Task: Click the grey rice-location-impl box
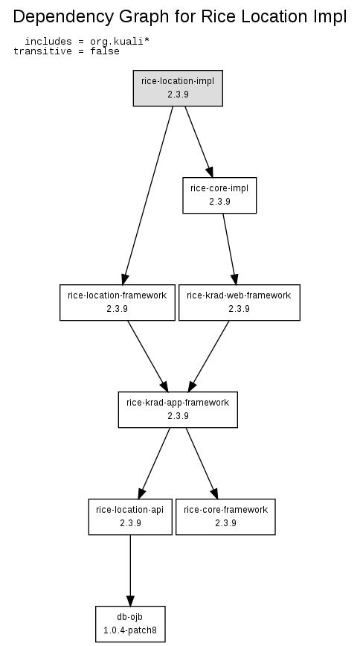(x=178, y=88)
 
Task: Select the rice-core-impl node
(x=219, y=195)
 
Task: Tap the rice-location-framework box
(x=118, y=302)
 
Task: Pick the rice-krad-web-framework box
(x=240, y=302)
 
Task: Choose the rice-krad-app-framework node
(x=178, y=409)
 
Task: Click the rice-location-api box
(x=130, y=517)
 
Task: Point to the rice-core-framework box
(x=225, y=517)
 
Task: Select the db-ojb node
(x=130, y=624)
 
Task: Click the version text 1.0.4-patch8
(x=130, y=630)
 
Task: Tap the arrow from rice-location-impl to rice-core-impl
(x=199, y=141)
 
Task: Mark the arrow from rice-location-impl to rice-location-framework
(x=148, y=195)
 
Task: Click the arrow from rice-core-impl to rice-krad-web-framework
(x=230, y=249)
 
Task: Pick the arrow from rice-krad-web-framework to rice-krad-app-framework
(x=208, y=356)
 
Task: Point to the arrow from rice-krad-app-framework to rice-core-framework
(x=202, y=463)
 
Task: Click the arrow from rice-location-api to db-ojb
(x=130, y=570)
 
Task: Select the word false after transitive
(x=105, y=51)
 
